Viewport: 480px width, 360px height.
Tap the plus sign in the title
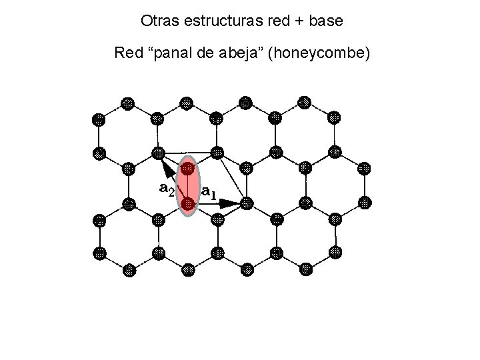296,21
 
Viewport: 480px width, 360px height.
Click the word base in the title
325,21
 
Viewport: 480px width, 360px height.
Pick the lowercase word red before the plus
276,21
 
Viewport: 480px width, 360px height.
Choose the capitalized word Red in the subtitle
129,52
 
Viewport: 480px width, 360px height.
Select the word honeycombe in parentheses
315,52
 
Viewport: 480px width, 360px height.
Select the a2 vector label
167,189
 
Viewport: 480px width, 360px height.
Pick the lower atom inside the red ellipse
188,201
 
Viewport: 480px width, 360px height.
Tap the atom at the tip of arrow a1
246,201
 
